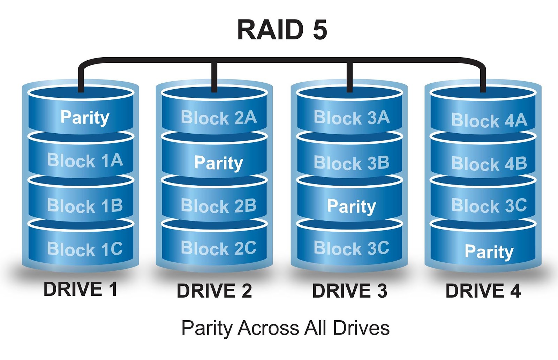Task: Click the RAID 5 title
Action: coord(282,30)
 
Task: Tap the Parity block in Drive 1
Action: coord(85,117)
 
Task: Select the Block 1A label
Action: coord(85,160)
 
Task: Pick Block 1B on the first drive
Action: coord(85,205)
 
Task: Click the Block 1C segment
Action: coord(85,249)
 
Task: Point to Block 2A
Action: coord(219,118)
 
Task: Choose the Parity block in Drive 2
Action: coord(219,163)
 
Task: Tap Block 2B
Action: coord(219,205)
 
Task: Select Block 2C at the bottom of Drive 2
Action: coord(219,248)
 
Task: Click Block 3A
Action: coord(352,118)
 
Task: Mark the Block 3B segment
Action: coord(352,163)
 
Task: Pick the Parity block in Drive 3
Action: coord(352,206)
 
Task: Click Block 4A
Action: coord(489,120)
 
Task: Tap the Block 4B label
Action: coord(489,163)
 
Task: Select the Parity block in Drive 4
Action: coord(489,252)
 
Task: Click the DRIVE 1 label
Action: coord(80,289)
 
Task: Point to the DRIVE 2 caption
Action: coord(214,291)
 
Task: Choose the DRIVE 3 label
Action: coord(349,291)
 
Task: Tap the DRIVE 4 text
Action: coord(483,291)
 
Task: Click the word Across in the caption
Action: coord(269,328)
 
